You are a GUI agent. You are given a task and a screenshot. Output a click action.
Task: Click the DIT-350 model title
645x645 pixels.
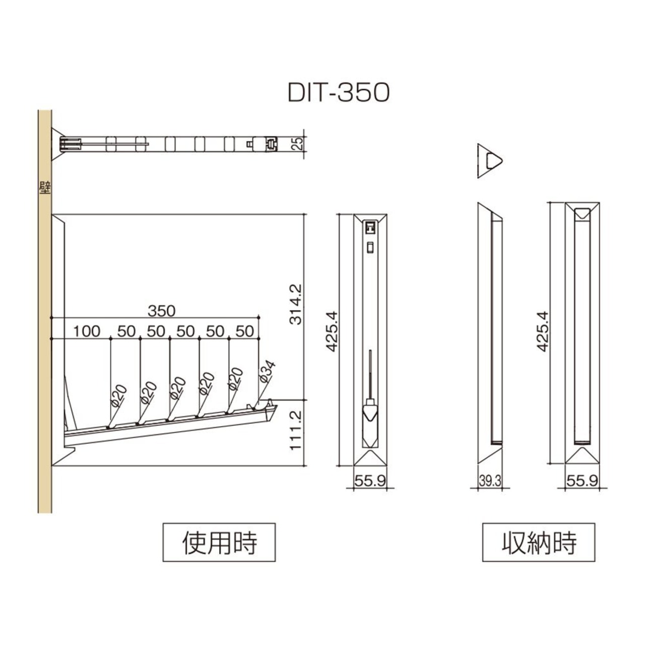tap(339, 93)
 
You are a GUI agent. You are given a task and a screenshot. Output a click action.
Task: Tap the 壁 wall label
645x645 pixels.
tap(45, 188)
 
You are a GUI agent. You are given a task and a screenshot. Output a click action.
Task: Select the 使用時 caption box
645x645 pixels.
tap(219, 543)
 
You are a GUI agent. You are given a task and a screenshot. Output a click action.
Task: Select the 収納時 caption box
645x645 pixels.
tap(539, 543)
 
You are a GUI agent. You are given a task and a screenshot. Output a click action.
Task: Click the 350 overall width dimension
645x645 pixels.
tap(162, 311)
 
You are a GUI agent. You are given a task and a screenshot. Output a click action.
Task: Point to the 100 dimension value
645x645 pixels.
tap(86, 332)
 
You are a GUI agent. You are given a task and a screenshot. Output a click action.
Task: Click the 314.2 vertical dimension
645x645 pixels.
tap(296, 304)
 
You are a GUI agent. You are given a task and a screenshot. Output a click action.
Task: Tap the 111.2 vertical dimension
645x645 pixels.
tap(296, 430)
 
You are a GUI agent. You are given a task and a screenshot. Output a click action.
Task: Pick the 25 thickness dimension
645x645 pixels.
tap(298, 144)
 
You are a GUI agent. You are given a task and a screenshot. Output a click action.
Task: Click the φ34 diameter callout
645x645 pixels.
tap(267, 371)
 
